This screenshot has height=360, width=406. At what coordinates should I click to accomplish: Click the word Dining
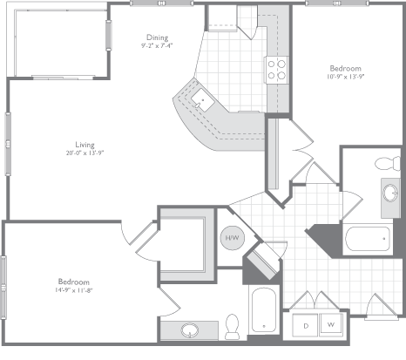[x=157, y=37]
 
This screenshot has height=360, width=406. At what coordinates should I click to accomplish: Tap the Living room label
[x=84, y=144]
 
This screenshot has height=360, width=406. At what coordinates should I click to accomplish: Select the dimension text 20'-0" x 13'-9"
[x=84, y=153]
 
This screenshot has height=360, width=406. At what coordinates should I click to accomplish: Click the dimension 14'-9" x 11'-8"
[x=73, y=290]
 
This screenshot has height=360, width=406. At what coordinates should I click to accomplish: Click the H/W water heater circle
[x=233, y=237]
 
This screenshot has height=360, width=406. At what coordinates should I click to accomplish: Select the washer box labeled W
[x=331, y=324]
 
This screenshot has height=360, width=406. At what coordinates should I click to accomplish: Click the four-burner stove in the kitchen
[x=277, y=69]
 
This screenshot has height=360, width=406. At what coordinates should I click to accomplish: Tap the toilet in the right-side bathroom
[x=385, y=164]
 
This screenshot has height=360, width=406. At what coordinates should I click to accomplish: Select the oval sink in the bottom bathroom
[x=191, y=330]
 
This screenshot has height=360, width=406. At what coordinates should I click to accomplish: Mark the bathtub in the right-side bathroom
[x=369, y=237]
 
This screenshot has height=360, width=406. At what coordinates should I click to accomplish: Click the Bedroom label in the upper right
[x=344, y=68]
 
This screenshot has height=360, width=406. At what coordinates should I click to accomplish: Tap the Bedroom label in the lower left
[x=73, y=281]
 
